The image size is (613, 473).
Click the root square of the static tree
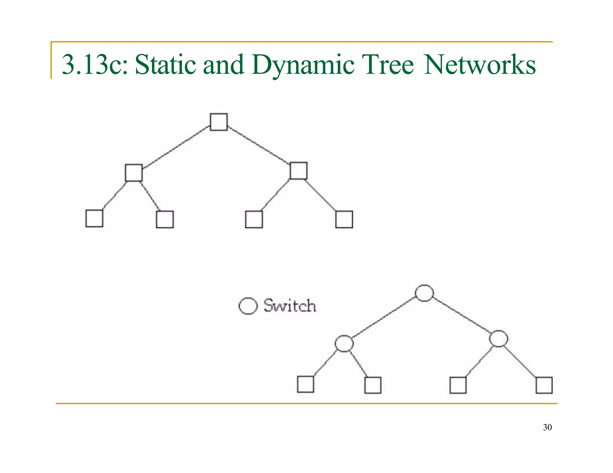point(219,122)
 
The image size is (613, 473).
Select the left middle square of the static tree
point(133,173)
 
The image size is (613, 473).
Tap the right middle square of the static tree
point(298,171)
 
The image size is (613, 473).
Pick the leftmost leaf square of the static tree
point(94,219)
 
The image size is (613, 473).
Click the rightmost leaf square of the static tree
point(344,219)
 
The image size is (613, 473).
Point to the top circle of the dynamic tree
point(424,293)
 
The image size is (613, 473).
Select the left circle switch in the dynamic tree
point(344,344)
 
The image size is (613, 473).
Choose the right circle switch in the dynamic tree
point(498,339)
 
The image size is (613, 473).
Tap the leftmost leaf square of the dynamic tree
point(306,384)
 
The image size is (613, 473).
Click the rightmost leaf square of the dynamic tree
point(544,385)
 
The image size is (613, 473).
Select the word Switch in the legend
point(290,306)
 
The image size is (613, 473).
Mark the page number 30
point(547,428)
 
